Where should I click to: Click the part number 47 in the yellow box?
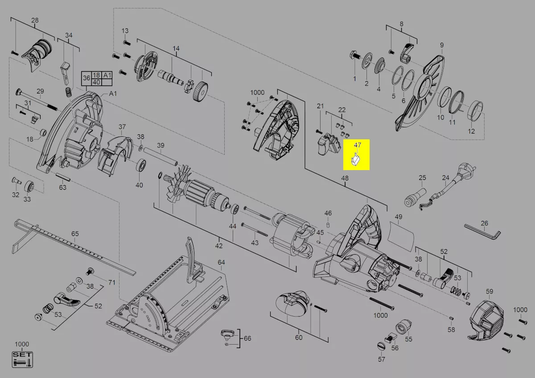pos(357,145)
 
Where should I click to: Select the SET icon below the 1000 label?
pos(22,359)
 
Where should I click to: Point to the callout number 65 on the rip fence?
pos(75,234)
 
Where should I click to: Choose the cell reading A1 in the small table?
pos(107,75)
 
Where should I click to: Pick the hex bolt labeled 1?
pos(355,56)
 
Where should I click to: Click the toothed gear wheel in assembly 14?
pos(200,91)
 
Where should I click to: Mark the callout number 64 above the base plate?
pos(221,262)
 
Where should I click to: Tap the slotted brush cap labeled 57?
pos(381,346)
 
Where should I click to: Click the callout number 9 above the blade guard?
pos(442,45)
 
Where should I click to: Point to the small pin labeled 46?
pos(328,225)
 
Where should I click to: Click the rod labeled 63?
pos(63,177)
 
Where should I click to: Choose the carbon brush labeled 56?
pos(390,337)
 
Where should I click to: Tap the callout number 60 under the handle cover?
pos(299,337)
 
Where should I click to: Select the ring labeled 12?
pos(475,110)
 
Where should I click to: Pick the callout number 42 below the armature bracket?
pos(218,246)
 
